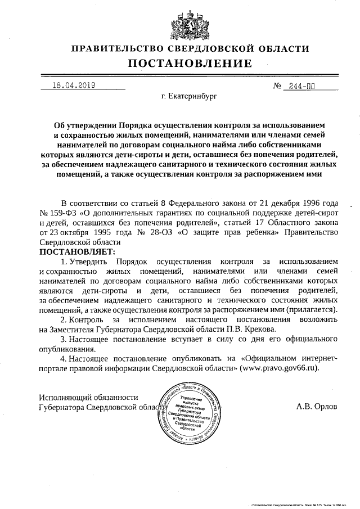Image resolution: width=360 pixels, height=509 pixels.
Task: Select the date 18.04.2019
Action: [x=73, y=86]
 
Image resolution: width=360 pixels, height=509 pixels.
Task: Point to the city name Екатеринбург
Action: [x=188, y=97]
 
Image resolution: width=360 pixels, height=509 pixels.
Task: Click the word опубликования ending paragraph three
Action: [x=65, y=348]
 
